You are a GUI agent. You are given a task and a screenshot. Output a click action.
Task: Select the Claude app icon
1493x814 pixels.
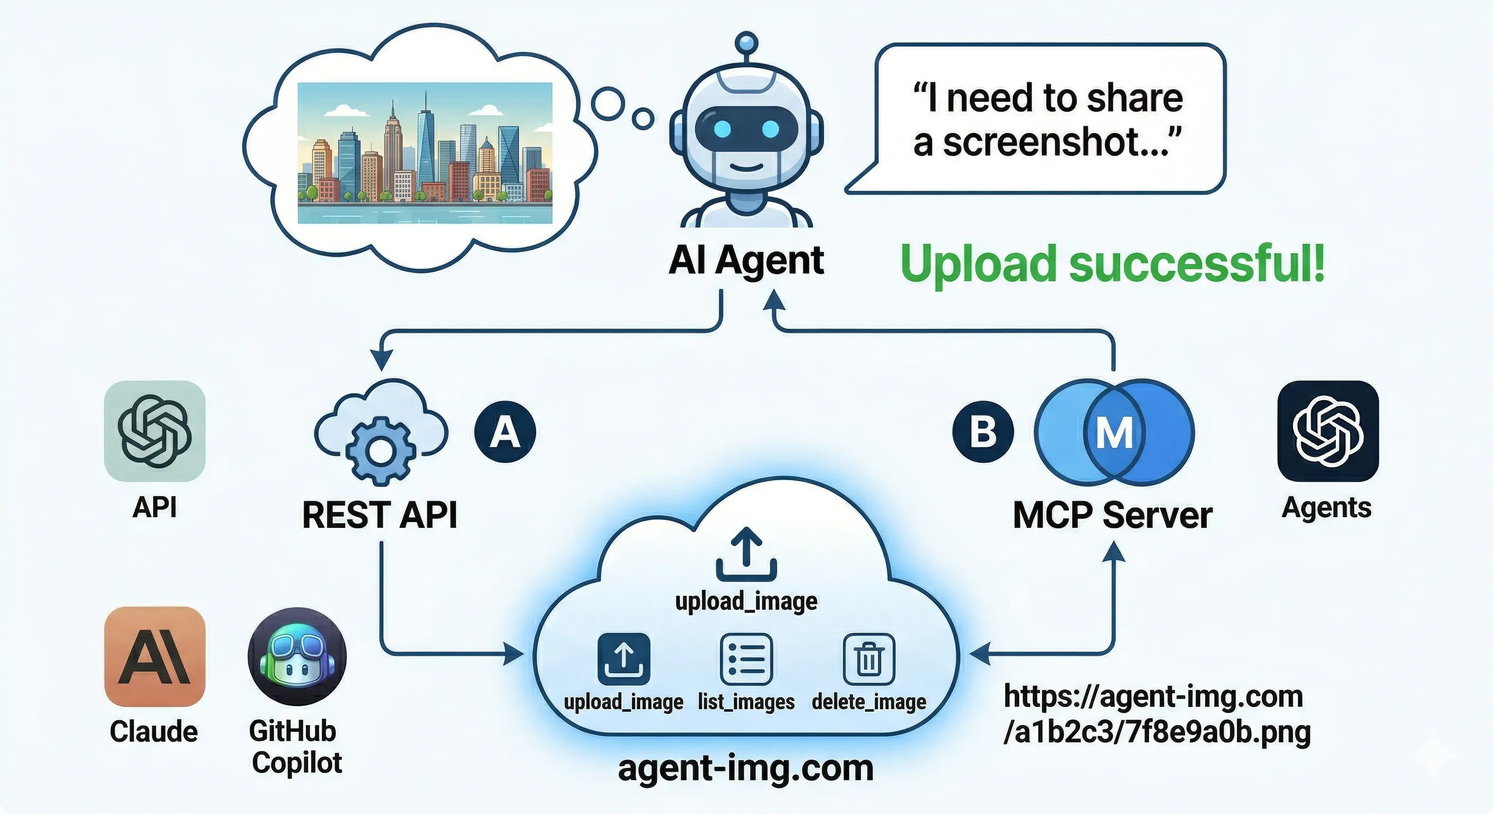(155, 657)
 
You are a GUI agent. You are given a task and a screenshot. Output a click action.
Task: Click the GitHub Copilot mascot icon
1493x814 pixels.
(297, 657)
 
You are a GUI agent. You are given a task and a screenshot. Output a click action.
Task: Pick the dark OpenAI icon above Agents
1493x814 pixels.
(1328, 431)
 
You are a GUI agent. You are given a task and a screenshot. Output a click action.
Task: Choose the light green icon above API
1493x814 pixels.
(155, 431)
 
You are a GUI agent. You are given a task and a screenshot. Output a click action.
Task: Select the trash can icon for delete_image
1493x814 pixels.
(869, 659)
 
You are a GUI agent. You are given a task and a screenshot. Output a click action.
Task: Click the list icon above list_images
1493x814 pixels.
(746, 659)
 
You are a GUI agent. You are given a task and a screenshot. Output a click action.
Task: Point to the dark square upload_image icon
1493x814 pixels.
(623, 659)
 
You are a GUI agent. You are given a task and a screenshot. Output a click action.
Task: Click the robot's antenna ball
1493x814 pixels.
(746, 43)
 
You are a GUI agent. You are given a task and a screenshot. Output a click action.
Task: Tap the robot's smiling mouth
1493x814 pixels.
(746, 167)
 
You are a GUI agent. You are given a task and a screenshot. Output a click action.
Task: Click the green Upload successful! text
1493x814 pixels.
(1112, 263)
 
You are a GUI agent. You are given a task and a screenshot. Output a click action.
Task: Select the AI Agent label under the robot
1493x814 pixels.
(746, 262)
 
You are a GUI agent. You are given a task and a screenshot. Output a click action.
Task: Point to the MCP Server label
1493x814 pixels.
(1112, 515)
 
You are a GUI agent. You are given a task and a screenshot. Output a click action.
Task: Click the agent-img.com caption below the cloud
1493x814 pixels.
(746, 768)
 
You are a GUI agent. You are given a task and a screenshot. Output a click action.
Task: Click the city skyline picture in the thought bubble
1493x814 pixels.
(425, 153)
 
